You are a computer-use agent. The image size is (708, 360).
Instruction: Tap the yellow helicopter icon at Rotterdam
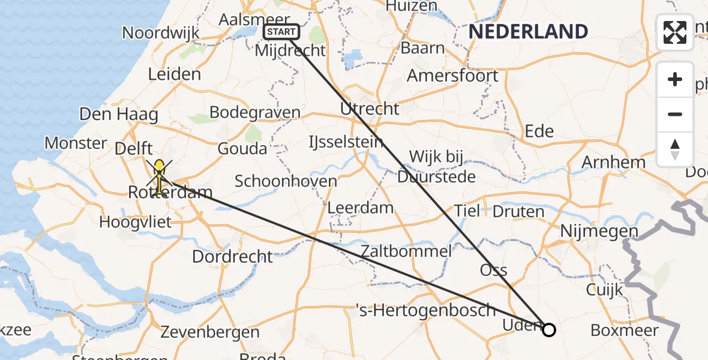(159, 175)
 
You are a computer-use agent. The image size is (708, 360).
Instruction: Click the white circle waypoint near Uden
(548, 329)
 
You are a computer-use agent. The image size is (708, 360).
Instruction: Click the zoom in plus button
(675, 80)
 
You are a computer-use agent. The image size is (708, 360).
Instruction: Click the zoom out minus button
(675, 114)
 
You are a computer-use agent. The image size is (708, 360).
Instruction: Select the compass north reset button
(675, 149)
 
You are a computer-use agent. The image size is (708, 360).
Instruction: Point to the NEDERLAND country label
(528, 31)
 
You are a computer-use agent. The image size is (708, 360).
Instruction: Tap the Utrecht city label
(370, 109)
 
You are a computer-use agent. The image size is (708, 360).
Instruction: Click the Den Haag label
(119, 114)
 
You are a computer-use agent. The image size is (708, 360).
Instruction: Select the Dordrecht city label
(232, 257)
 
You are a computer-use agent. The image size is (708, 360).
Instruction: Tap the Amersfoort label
(452, 76)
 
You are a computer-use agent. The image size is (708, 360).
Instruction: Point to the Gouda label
(242, 148)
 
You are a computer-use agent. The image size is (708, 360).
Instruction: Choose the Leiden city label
(175, 74)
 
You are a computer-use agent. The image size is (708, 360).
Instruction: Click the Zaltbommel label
(406, 251)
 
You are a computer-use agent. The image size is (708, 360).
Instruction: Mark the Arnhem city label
(613, 162)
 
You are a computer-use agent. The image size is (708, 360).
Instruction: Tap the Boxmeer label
(625, 330)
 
